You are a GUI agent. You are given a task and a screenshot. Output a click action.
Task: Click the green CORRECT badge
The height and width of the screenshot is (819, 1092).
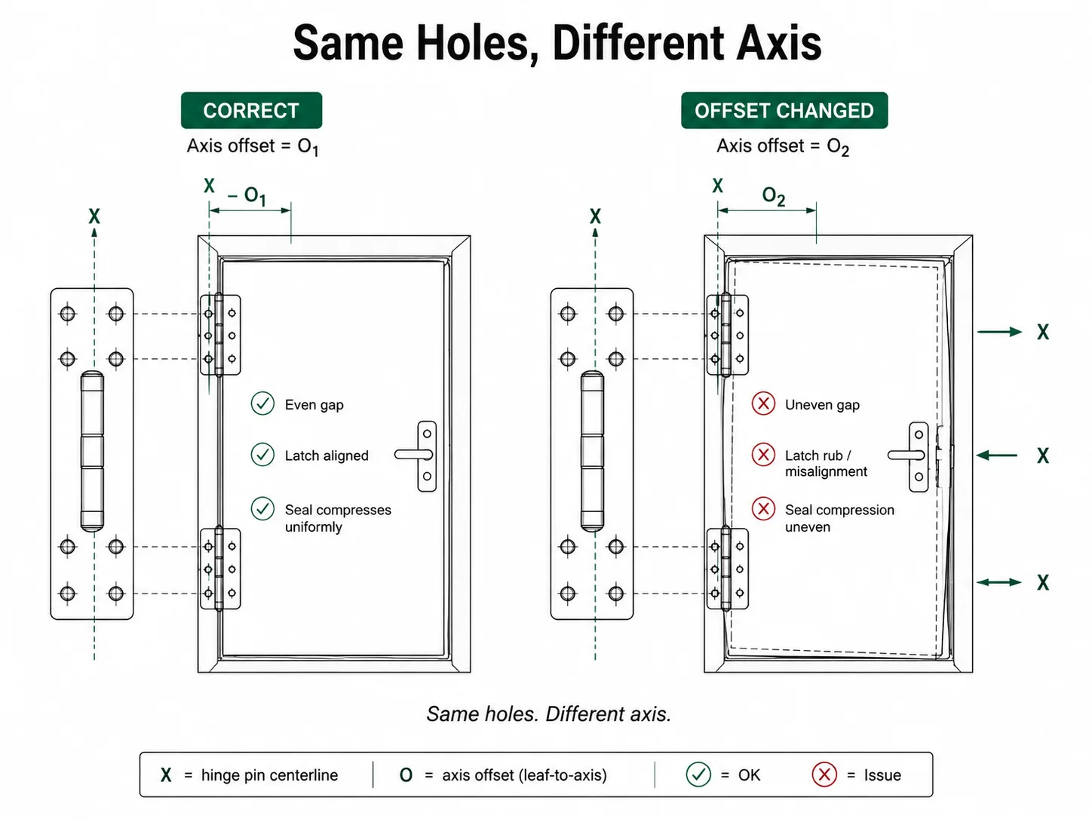pos(251,110)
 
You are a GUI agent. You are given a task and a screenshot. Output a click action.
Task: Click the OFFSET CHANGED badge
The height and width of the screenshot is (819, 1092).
pos(784,110)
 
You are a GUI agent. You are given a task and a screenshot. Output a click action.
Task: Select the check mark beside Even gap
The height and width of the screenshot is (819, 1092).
pos(262,403)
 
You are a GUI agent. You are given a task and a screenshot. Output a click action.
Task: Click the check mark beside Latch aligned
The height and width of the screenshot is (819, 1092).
pos(262,455)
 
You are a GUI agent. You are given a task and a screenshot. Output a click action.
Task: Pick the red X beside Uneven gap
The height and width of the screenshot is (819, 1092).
pos(763,403)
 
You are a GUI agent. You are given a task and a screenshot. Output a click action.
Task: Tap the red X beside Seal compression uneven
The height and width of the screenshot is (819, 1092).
pos(763,509)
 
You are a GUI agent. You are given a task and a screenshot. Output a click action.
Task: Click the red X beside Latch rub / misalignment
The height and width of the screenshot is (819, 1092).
pos(763,455)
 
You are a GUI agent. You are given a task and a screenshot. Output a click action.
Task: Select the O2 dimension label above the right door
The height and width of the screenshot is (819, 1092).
pos(774,196)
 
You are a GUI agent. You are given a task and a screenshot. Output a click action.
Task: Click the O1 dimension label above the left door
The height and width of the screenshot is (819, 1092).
pos(255,196)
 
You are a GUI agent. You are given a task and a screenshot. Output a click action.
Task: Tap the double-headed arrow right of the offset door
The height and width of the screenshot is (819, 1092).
pos(999,582)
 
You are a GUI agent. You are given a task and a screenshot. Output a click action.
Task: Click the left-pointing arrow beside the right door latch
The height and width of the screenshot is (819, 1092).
pos(997,455)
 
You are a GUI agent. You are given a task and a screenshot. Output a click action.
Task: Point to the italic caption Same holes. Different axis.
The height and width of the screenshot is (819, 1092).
pos(549,714)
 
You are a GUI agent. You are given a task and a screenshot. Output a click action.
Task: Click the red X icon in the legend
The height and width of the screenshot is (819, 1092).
pos(824,775)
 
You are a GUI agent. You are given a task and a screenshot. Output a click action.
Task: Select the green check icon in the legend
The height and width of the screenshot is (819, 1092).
pos(698,775)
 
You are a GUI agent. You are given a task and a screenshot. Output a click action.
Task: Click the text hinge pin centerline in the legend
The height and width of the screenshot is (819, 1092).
pos(270,775)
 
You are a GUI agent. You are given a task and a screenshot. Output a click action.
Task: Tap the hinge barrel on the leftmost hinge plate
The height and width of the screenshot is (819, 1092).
pos(93,451)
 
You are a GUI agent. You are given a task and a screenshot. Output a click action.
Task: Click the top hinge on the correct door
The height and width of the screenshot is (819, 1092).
pos(220,335)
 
